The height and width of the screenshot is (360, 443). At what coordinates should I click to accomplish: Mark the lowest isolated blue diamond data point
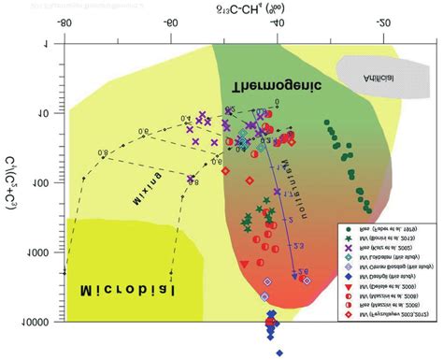pos(279,353)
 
